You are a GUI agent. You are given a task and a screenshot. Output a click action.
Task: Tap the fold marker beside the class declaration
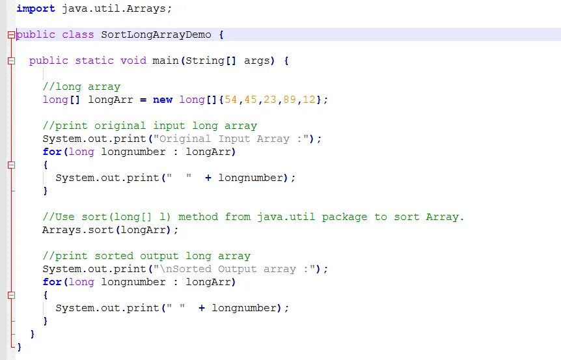point(11,35)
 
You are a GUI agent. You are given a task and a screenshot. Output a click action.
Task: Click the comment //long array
point(81,87)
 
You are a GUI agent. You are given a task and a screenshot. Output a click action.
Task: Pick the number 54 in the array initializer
point(231,100)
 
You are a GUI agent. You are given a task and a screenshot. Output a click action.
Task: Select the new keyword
point(163,100)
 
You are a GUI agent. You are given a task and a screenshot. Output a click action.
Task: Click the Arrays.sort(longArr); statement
point(110,230)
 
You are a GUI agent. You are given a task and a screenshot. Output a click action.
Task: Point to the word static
point(94,61)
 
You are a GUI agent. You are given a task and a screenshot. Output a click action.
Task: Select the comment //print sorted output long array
point(146,256)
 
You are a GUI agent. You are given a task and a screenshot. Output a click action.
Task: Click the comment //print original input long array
point(150,126)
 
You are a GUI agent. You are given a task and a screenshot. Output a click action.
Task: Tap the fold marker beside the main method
point(11,61)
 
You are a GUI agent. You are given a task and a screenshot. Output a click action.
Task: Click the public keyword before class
point(36,35)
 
